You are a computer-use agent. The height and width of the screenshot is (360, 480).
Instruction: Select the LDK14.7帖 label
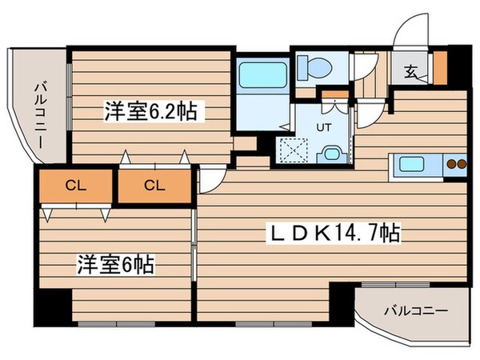334,234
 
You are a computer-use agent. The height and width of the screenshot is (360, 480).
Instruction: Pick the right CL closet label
154,186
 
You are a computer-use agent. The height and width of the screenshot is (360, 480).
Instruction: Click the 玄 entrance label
410,72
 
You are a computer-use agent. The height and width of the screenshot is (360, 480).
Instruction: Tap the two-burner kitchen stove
454,166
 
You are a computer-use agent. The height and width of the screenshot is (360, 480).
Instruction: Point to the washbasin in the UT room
330,152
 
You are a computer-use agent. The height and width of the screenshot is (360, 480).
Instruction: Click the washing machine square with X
289,149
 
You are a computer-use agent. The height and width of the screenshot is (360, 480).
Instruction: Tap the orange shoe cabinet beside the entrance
439,68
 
